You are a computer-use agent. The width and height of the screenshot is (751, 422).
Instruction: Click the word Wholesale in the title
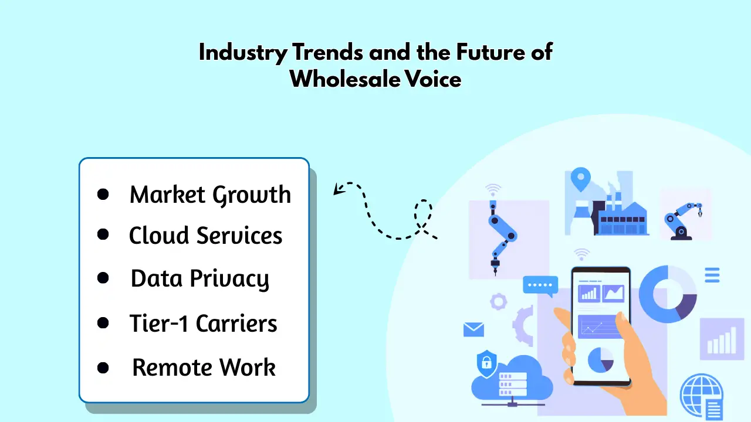345,79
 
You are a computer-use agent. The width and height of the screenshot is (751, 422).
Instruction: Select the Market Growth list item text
210,195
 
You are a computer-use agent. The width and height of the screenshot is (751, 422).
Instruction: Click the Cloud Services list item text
205,236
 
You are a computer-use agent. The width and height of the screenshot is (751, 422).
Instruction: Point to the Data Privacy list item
200,279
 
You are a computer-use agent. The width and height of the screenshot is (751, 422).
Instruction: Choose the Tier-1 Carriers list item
203,324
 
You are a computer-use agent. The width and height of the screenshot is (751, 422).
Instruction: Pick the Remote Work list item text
204,367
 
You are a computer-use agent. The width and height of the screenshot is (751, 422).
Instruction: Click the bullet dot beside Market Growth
103,194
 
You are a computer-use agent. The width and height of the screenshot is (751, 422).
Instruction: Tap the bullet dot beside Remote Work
103,367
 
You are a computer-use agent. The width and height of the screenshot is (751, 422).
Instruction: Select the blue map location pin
581,179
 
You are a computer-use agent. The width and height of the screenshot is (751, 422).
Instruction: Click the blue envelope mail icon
473,329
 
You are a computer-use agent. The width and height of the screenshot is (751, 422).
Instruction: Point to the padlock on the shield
486,363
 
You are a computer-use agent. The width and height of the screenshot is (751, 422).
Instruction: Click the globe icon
700,394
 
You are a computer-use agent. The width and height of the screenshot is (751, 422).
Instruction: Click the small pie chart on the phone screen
601,360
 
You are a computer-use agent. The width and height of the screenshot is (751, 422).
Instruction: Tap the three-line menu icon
712,275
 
